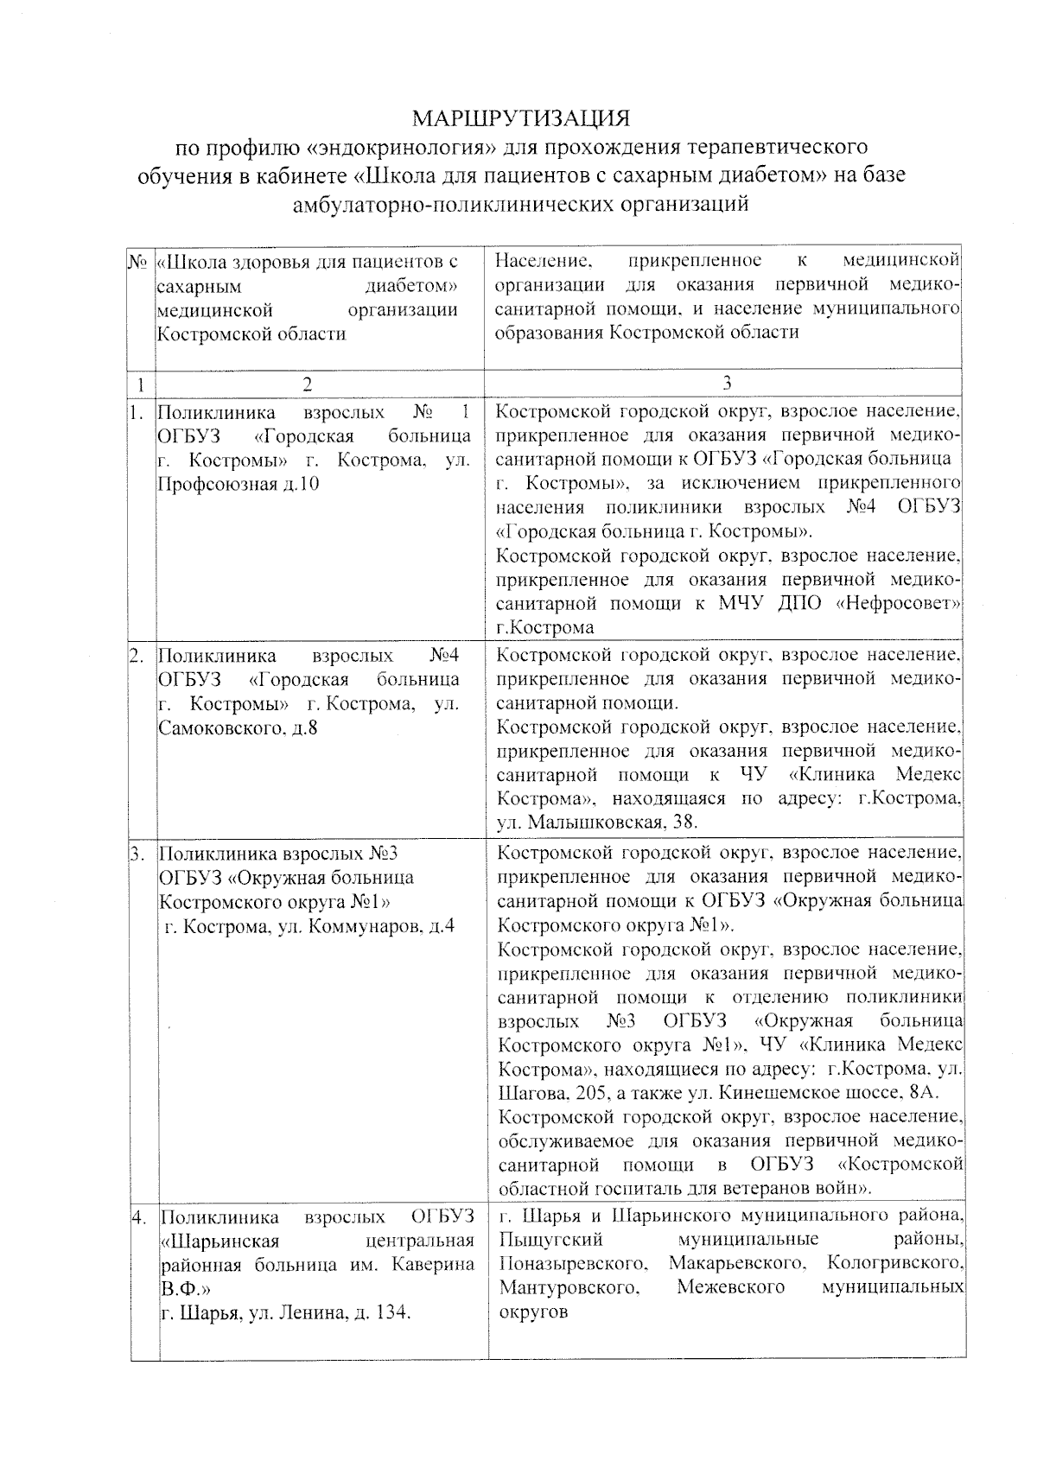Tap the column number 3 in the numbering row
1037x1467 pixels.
pyautogui.click(x=726, y=382)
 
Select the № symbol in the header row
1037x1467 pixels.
pyautogui.click(x=138, y=260)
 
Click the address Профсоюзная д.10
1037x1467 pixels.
pyautogui.click(x=238, y=484)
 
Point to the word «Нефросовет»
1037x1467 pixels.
pyautogui.click(x=900, y=602)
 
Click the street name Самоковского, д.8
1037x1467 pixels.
pyautogui.click(x=238, y=728)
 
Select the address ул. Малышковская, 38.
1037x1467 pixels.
pyautogui.click(x=598, y=822)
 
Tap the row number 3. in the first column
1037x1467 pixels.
pyautogui.click(x=138, y=854)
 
